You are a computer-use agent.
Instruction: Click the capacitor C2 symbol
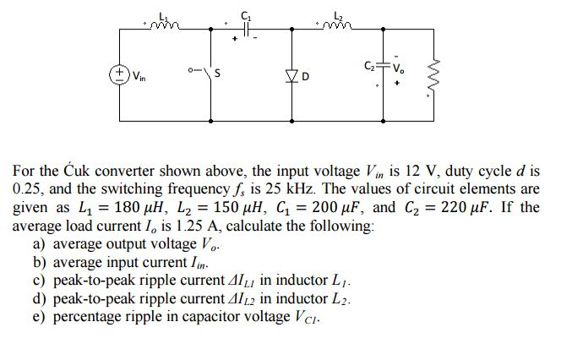(x=384, y=65)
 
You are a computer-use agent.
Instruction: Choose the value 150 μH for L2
(x=232, y=207)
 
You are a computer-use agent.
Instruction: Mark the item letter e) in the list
(x=39, y=318)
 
